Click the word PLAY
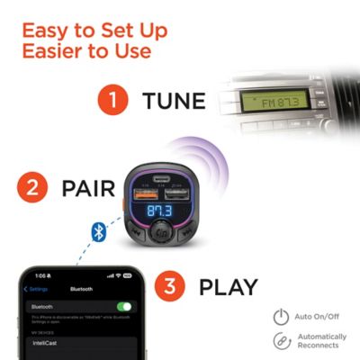[x=229, y=288]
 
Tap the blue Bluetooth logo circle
[x=100, y=232]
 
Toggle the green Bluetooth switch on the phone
[x=123, y=307]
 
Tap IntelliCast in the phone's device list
[x=48, y=343]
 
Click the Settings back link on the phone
[x=38, y=289]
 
